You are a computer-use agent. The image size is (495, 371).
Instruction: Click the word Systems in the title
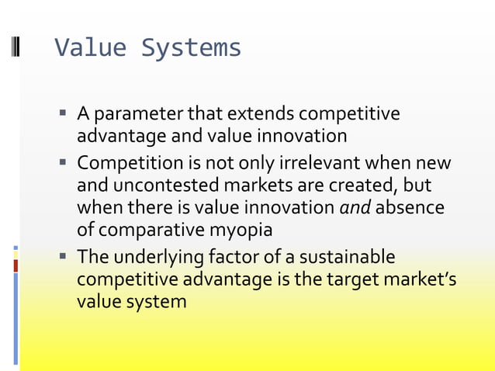(x=191, y=48)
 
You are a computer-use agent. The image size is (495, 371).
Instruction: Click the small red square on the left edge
(x=15, y=265)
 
